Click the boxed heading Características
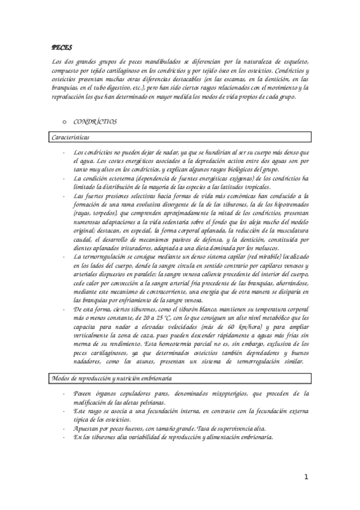pos(67,137)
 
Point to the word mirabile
pos(247,256)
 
